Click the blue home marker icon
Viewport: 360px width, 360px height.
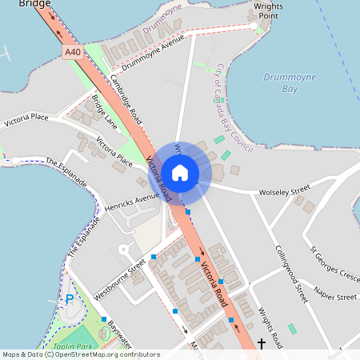180,172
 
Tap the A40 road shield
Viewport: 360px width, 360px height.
74,51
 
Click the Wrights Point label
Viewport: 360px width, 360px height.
268,10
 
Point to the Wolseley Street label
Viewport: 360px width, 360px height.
284,192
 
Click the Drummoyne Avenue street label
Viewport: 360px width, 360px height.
152,54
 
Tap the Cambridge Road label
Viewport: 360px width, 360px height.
126,98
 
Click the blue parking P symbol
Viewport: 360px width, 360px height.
70,299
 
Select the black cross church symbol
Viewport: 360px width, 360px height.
261,344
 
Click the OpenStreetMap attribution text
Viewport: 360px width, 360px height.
80,354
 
